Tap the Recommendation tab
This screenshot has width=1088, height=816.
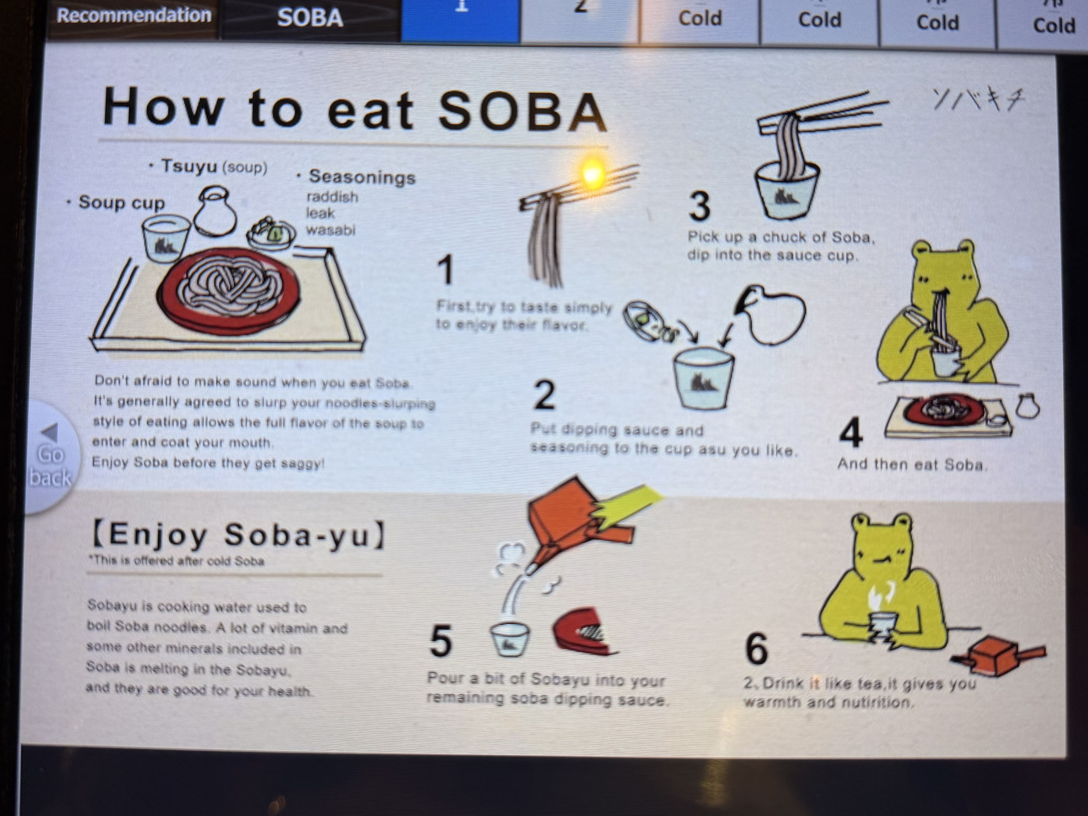pos(134,16)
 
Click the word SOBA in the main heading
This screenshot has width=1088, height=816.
pos(522,111)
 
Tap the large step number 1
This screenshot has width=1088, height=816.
pos(446,271)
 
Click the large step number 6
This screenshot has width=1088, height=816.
pos(756,648)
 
